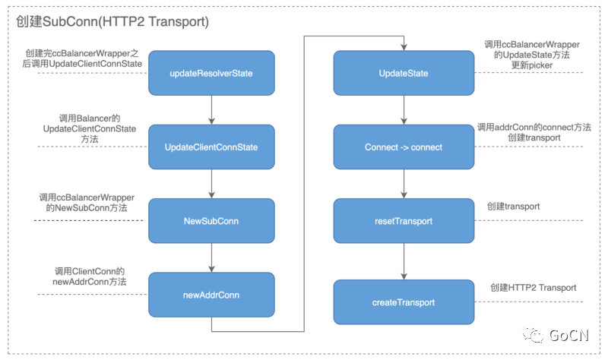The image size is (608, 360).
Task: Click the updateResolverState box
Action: point(211,73)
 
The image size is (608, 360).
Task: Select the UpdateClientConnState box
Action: point(211,147)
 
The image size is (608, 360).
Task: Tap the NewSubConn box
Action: point(211,221)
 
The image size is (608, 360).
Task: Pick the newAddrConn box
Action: point(211,295)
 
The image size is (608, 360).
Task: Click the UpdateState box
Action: point(404,73)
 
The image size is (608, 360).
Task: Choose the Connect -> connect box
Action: point(404,147)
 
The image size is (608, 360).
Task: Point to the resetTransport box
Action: point(404,221)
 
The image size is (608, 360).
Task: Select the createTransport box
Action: point(404,302)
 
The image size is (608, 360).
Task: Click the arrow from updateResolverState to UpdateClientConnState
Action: point(211,110)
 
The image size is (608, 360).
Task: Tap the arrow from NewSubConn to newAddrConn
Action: point(211,258)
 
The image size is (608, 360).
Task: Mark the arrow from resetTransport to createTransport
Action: point(404,261)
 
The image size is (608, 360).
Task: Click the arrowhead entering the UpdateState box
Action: point(404,47)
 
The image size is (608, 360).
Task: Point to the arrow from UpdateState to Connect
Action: point(404,110)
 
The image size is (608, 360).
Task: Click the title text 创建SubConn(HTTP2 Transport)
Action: point(112,21)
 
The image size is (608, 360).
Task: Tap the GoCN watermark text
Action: point(568,335)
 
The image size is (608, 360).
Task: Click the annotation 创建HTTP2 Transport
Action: point(534,288)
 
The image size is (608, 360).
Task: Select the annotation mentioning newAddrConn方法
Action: point(90,276)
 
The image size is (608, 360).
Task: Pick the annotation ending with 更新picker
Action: point(532,55)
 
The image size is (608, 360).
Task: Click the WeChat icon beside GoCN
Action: point(534,334)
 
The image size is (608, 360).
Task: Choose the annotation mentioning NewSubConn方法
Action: point(87,203)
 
